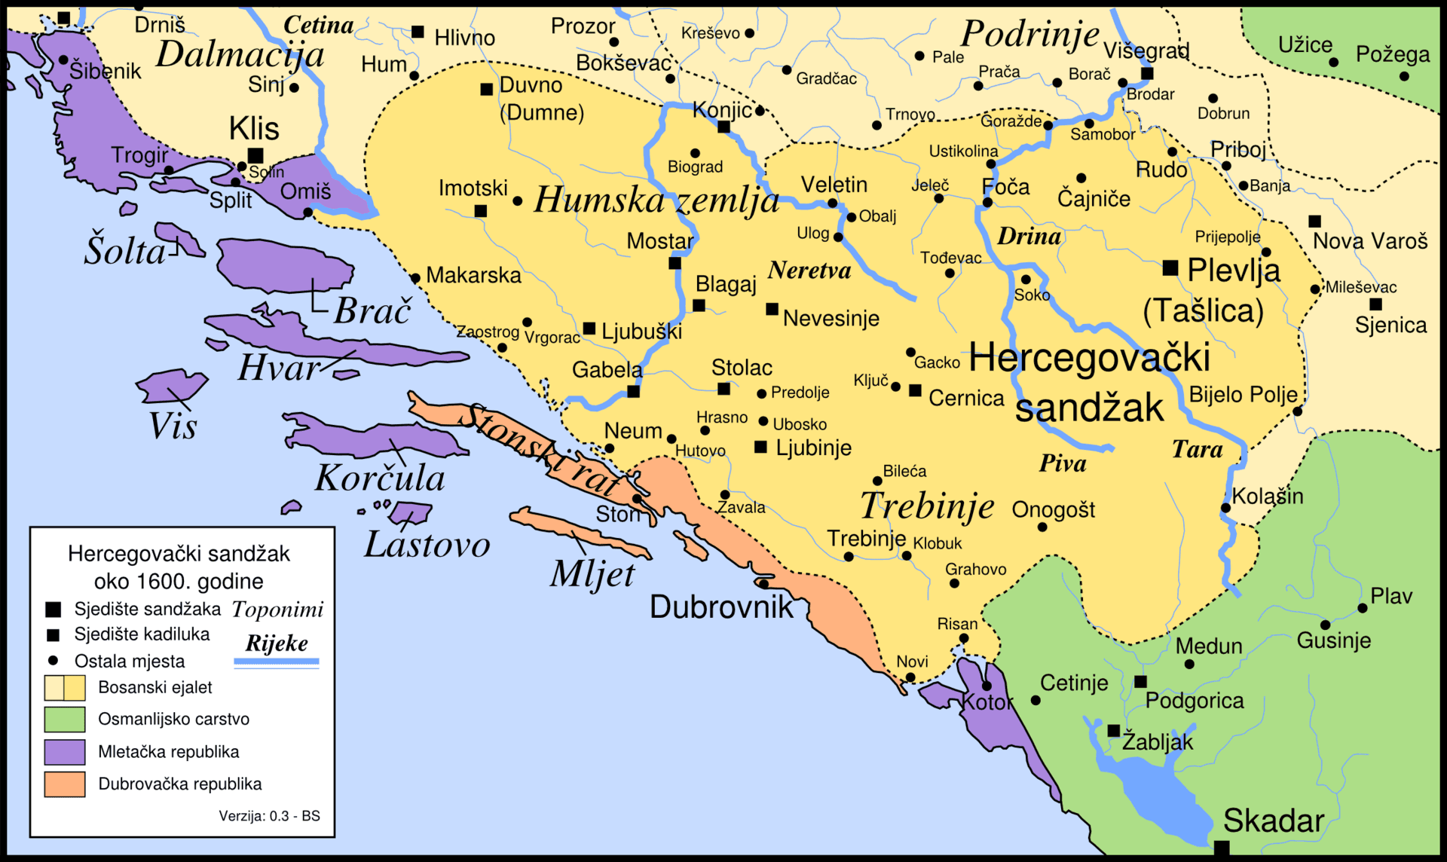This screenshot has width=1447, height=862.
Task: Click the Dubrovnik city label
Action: point(721,607)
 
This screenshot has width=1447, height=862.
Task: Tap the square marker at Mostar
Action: point(675,263)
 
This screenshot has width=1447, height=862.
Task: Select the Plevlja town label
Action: point(1234,270)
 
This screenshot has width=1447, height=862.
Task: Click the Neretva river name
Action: point(809,271)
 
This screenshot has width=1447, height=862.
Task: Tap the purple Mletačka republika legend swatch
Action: point(64,751)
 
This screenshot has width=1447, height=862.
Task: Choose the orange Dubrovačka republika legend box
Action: point(64,784)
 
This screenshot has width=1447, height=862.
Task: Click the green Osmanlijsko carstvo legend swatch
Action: point(64,719)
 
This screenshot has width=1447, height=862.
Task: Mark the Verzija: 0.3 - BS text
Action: point(269,816)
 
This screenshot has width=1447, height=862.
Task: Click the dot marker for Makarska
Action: point(415,278)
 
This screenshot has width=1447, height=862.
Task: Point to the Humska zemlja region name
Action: point(656,200)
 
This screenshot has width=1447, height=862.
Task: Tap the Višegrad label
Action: point(1146,51)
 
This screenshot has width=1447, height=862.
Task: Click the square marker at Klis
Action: point(255,155)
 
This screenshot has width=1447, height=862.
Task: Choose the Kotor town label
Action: point(989,702)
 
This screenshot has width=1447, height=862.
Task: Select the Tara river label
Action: point(1197,450)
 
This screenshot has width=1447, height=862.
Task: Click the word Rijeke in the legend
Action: point(277,643)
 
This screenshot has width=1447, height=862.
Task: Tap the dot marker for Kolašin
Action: point(1225,508)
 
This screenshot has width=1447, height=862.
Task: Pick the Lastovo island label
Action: point(427,545)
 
